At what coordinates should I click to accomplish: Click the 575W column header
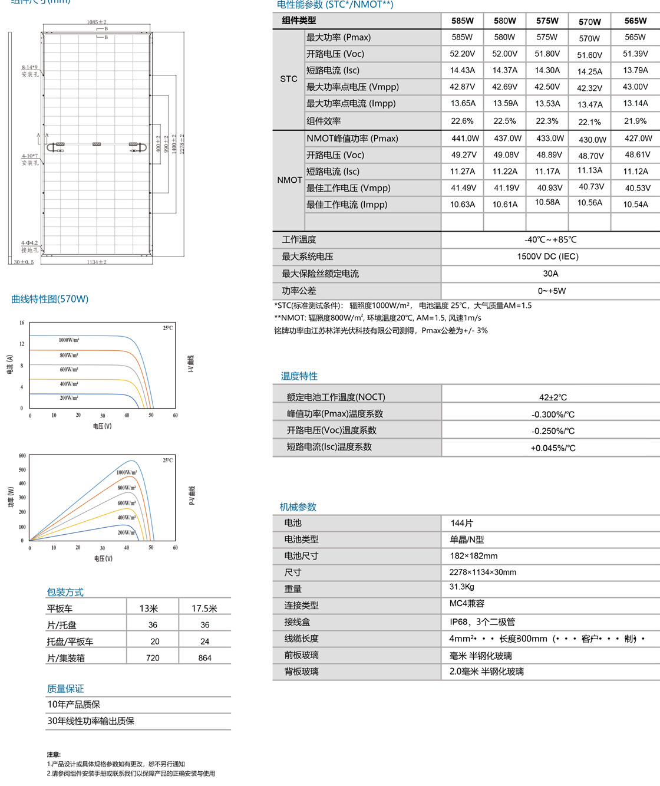pyautogui.click(x=547, y=21)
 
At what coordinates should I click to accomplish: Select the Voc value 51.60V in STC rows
pyautogui.click(x=589, y=55)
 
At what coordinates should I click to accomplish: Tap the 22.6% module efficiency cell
pyautogui.click(x=462, y=121)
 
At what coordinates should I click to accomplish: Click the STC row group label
pyautogui.click(x=289, y=79)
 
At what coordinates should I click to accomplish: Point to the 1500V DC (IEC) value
pyautogui.click(x=550, y=256)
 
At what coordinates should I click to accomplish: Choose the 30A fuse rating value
pyautogui.click(x=550, y=274)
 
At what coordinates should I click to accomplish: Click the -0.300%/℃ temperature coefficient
pyautogui.click(x=553, y=415)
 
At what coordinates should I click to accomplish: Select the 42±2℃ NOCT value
pyautogui.click(x=553, y=397)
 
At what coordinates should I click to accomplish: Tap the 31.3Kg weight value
pyautogui.click(x=461, y=587)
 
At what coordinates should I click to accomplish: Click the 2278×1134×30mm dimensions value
pyautogui.click(x=483, y=572)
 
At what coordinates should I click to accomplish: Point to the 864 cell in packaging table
pyautogui.click(x=204, y=658)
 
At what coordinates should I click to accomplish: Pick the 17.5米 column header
pyautogui.click(x=204, y=609)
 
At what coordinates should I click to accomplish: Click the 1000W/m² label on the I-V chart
pyautogui.click(x=69, y=340)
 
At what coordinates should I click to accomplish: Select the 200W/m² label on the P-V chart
pyautogui.click(x=126, y=532)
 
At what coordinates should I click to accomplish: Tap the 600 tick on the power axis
pyautogui.click(x=22, y=456)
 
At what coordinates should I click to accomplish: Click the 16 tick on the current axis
pyautogui.click(x=22, y=323)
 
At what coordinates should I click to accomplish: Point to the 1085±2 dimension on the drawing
pyautogui.click(x=97, y=22)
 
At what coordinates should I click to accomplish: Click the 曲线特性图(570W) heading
pyautogui.click(x=50, y=299)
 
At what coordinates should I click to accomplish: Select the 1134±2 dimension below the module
pyautogui.click(x=97, y=262)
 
